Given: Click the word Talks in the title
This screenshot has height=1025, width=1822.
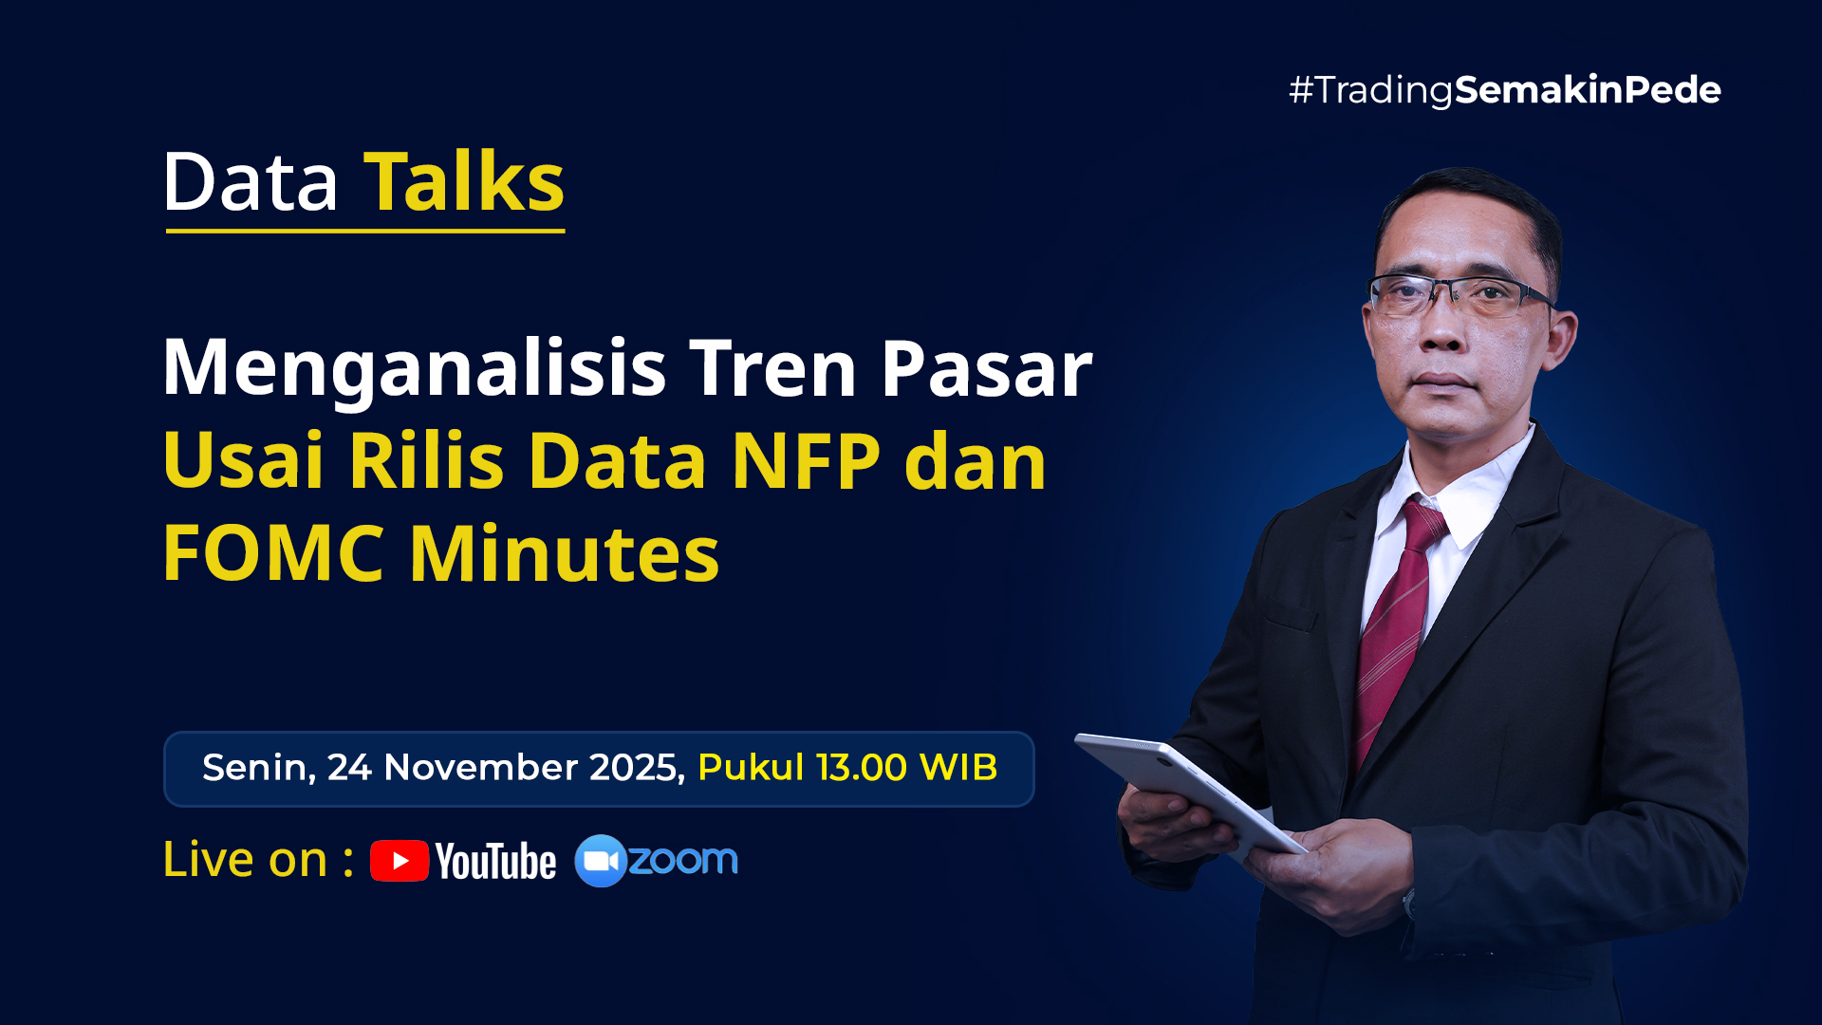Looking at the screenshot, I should click(464, 181).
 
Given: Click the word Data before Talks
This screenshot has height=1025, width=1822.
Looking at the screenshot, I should click(251, 181).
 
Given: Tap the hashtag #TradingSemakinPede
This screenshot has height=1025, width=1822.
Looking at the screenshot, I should click(1504, 90).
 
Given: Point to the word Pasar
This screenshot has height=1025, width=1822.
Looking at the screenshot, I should click(986, 368).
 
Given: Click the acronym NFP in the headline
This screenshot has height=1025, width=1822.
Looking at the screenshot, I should click(806, 461).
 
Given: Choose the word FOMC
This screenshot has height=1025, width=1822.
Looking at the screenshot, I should click(273, 553).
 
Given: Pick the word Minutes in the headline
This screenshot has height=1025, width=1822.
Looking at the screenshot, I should click(565, 553).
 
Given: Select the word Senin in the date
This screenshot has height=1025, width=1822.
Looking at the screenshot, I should click(254, 767).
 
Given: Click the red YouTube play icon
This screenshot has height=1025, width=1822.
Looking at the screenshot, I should click(400, 861).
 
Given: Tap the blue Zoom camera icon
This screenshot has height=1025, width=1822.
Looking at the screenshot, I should click(600, 861).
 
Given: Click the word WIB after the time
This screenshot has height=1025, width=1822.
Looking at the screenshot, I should click(958, 767).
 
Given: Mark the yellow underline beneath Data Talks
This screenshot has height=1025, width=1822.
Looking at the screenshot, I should click(365, 230).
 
